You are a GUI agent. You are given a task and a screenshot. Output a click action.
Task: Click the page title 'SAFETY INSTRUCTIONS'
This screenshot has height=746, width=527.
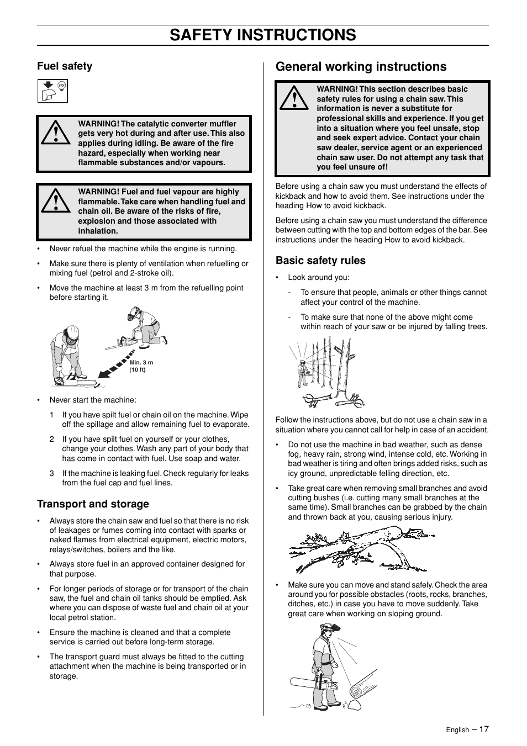(x=263, y=35)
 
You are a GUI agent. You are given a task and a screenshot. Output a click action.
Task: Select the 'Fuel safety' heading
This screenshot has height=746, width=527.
(x=65, y=66)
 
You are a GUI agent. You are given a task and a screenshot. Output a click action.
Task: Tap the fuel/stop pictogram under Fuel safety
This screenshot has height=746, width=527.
(x=52, y=91)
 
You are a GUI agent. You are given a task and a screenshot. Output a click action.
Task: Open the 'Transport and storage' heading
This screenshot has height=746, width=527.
(x=93, y=504)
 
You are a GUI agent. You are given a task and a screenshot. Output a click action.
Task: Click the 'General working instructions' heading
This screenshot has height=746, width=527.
(x=361, y=67)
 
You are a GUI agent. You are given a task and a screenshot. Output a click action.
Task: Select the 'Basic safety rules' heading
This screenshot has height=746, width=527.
(x=320, y=261)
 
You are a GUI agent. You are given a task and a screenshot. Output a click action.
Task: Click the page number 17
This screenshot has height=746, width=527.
(x=484, y=729)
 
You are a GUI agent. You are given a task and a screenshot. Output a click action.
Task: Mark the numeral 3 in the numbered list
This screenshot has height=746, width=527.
(x=52, y=474)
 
